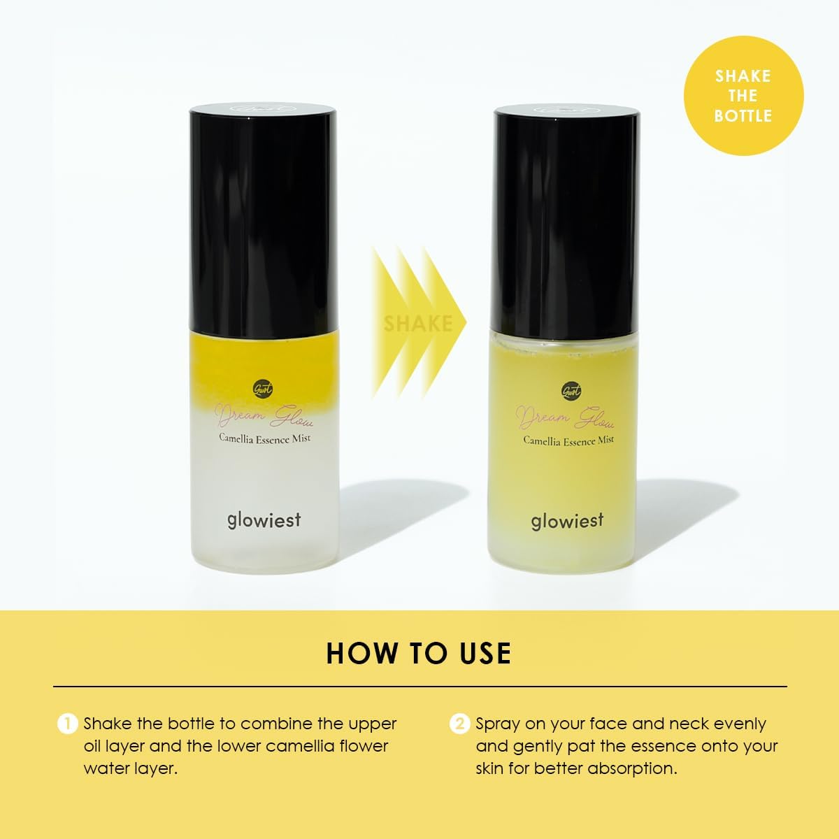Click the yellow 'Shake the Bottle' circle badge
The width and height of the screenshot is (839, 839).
pyautogui.click(x=743, y=96)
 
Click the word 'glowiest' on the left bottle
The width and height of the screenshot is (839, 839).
pyautogui.click(x=264, y=519)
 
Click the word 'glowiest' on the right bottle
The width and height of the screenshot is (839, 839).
pyautogui.click(x=566, y=521)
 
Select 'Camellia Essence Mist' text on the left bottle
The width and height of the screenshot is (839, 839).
pyautogui.click(x=264, y=438)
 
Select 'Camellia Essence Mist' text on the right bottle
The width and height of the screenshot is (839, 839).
pyautogui.click(x=568, y=440)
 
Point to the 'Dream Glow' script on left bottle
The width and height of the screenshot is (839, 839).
pyautogui.click(x=264, y=418)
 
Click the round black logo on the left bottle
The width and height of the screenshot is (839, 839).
pyautogui.click(x=264, y=389)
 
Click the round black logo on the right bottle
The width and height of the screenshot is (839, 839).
pyautogui.click(x=571, y=391)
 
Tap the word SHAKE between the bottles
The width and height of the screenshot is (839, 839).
pyautogui.click(x=417, y=323)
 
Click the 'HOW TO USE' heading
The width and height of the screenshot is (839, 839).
pyautogui.click(x=419, y=653)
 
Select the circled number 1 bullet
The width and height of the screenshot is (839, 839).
pyautogui.click(x=66, y=724)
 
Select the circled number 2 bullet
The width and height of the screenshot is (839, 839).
pyautogui.click(x=459, y=724)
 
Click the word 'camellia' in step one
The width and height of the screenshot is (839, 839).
pyautogui.click(x=305, y=746)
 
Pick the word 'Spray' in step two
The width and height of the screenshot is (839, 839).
pyautogui.click(x=497, y=724)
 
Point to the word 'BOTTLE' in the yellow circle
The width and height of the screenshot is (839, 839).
pyautogui.click(x=743, y=115)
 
